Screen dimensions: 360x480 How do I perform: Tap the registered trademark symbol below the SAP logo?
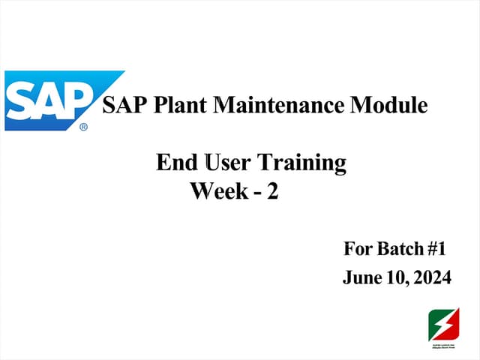(83, 127)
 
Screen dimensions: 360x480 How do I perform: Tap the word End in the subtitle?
(172, 162)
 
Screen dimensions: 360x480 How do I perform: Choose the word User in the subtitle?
(223, 162)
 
